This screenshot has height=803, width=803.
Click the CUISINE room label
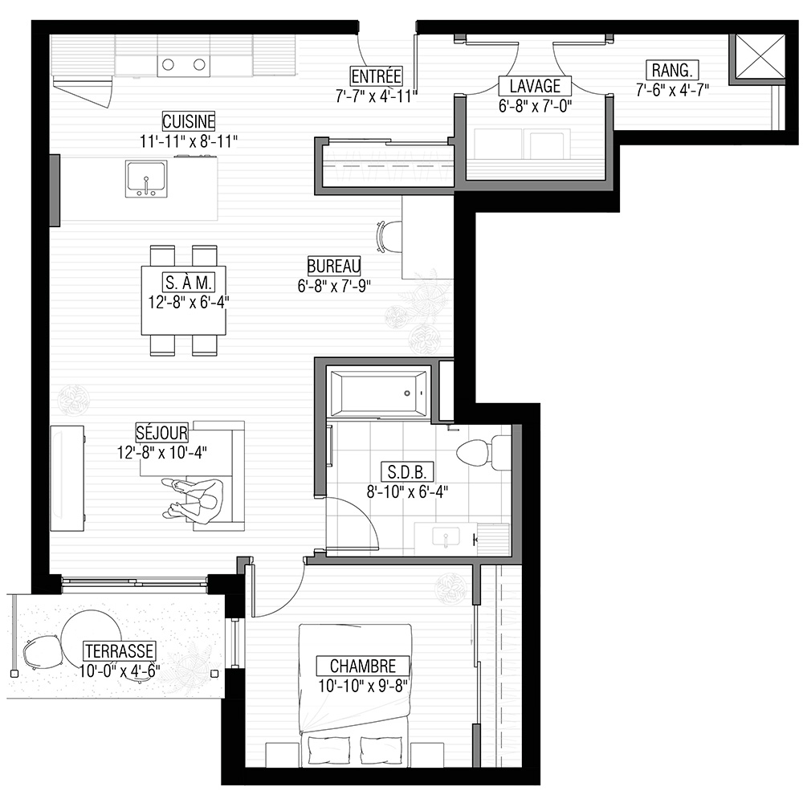[x=189, y=121]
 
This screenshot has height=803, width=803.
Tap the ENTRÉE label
[x=376, y=76]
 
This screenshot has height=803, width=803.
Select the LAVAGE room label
[x=535, y=86]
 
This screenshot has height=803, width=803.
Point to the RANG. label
[x=672, y=70]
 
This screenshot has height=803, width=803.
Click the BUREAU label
[x=334, y=266]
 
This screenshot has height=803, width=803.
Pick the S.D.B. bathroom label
[x=407, y=471]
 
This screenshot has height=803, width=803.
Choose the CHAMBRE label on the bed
[x=363, y=666]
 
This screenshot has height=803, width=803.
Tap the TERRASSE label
[x=120, y=651]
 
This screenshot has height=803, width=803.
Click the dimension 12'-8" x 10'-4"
[x=162, y=453]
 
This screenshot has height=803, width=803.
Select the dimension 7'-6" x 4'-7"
[x=672, y=90]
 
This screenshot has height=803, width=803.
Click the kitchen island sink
[x=146, y=179]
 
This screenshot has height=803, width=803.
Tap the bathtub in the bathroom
[x=379, y=393]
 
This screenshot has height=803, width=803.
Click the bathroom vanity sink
[x=446, y=538]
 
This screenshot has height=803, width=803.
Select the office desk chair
[x=389, y=237]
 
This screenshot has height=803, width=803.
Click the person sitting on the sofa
[x=194, y=501]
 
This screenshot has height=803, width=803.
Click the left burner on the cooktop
[x=168, y=64]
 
